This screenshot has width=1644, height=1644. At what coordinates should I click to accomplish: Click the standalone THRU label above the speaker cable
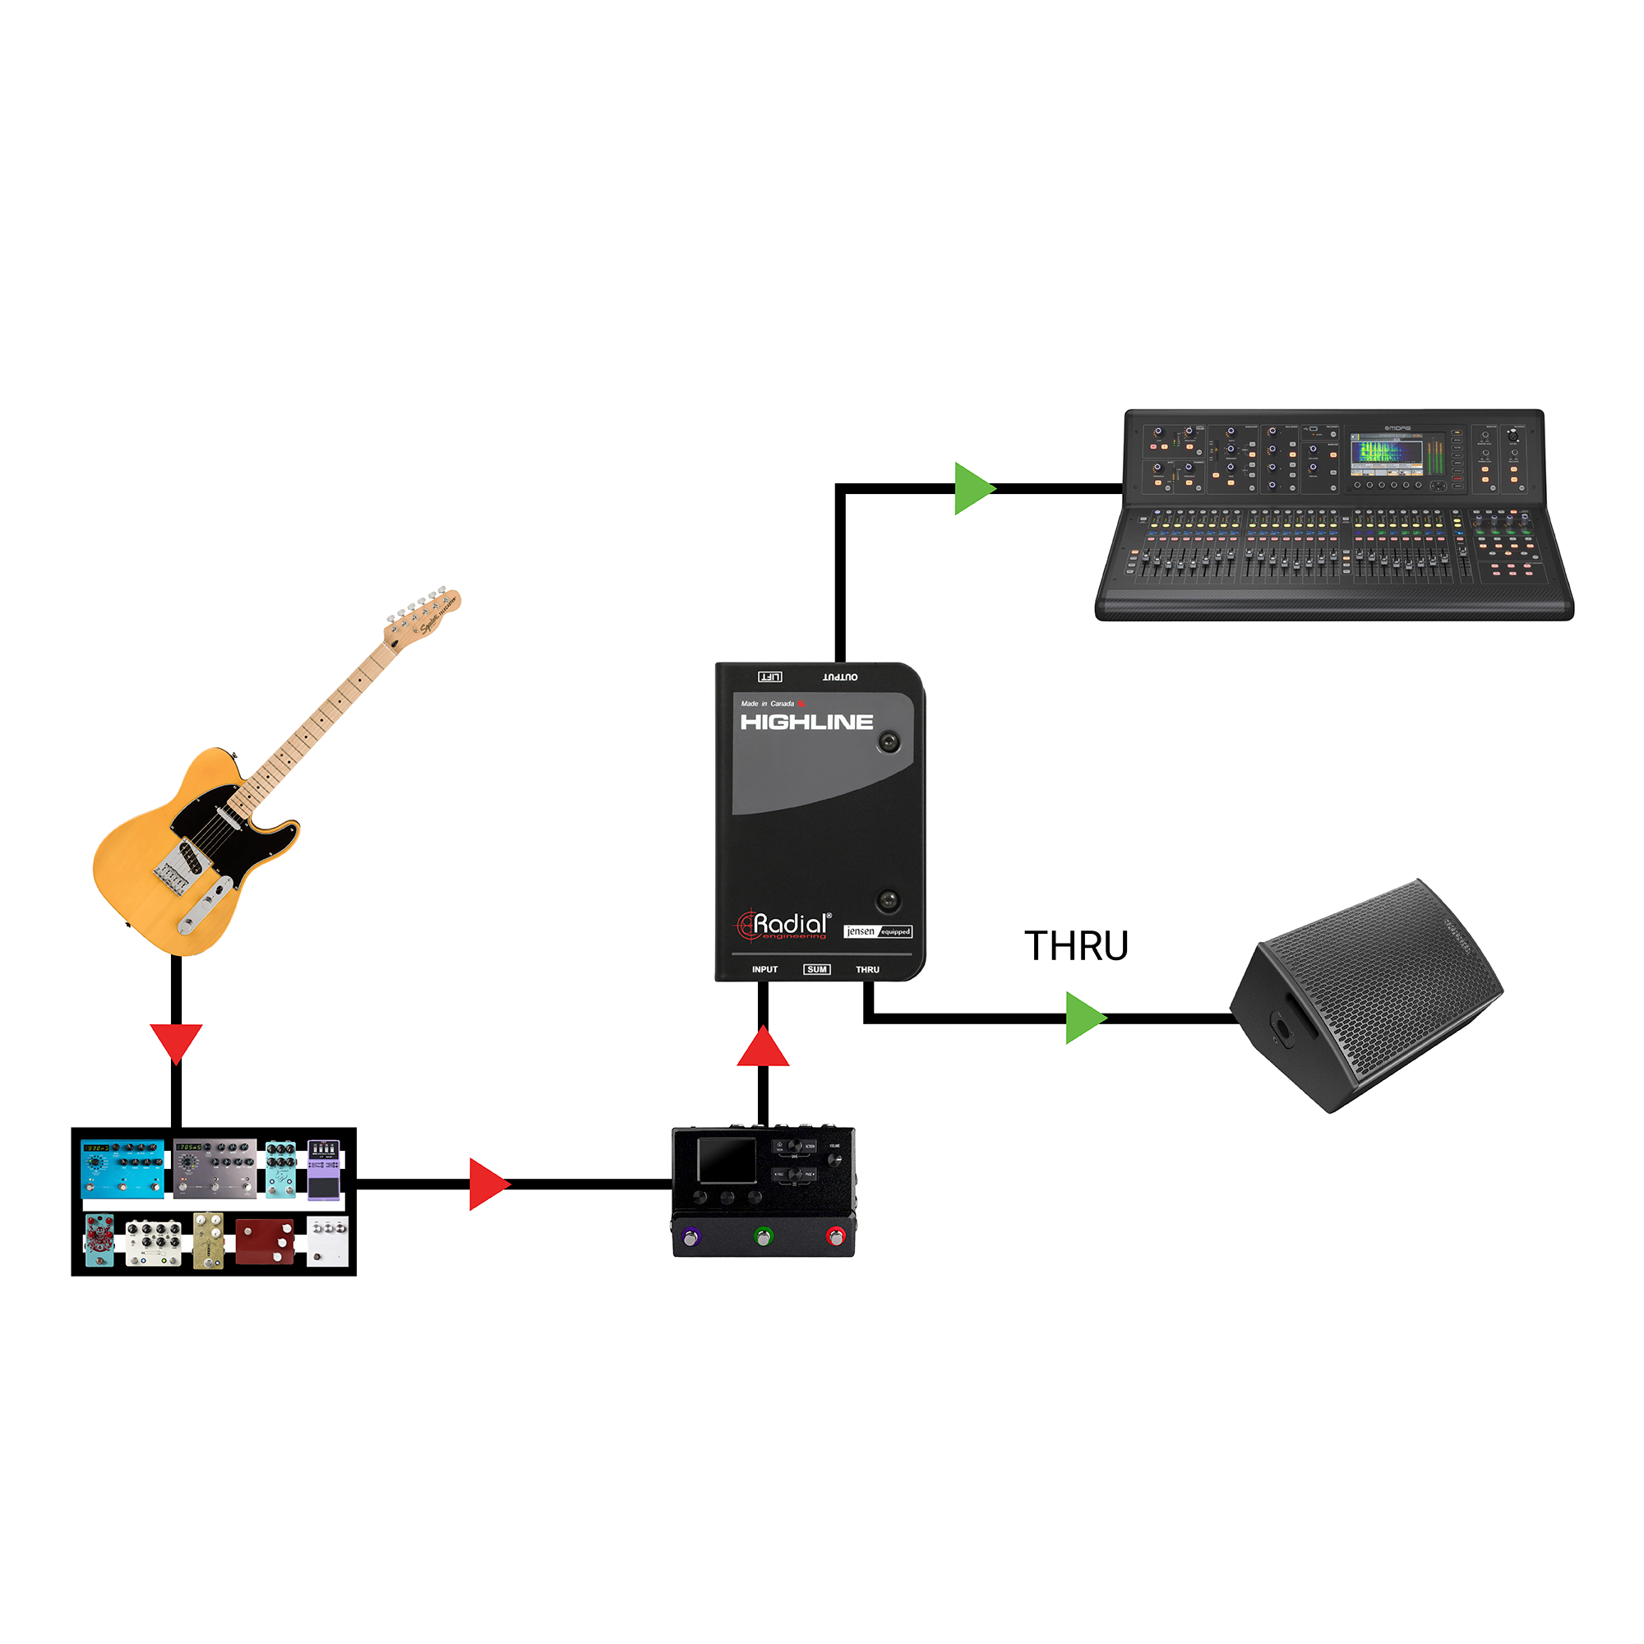[1077, 946]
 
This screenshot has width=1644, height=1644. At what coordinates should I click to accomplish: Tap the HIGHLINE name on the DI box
[806, 723]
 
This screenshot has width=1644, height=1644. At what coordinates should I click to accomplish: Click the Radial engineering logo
[783, 925]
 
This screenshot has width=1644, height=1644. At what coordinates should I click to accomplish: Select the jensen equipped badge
[877, 931]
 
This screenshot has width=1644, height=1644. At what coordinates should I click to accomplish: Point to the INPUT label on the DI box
[764, 969]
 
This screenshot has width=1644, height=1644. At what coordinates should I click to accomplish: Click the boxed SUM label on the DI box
[816, 969]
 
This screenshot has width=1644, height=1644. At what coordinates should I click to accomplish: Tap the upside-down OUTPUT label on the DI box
[840, 677]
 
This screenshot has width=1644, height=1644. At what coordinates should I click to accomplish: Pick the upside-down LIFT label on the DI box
[770, 677]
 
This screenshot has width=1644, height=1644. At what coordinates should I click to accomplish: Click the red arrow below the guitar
[176, 1042]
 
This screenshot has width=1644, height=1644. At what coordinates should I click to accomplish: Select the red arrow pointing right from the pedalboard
[487, 1184]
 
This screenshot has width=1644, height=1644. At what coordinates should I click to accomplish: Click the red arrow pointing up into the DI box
[764, 1047]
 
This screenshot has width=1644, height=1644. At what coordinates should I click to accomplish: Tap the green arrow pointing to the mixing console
[972, 488]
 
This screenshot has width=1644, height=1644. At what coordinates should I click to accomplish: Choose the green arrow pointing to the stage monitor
[1084, 1018]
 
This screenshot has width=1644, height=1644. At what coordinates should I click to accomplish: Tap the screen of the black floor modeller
[726, 1161]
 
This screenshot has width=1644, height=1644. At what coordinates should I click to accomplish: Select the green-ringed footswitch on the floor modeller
[764, 1235]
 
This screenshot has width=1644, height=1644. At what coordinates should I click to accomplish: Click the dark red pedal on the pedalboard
[265, 1241]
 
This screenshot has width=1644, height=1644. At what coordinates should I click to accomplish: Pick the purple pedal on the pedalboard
[323, 1170]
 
